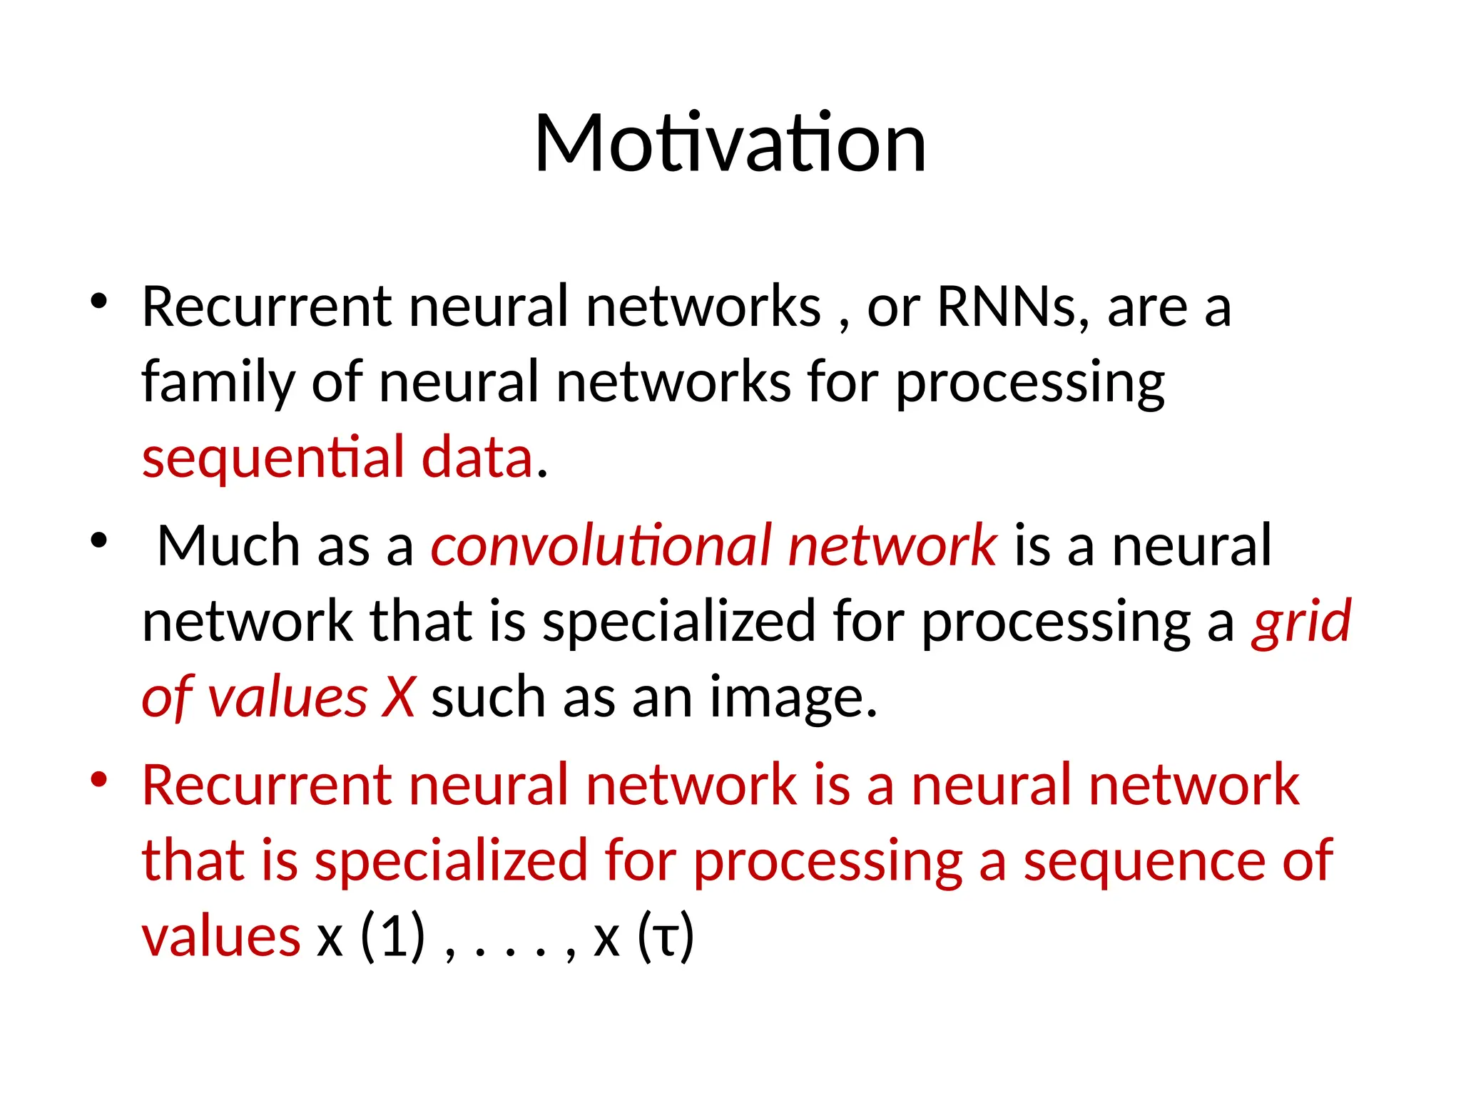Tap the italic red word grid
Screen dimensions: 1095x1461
1301,622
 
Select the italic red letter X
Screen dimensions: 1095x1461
398,697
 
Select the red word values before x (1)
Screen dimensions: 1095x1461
221,937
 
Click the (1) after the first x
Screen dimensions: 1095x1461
393,937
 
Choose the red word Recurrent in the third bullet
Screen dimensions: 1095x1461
266,785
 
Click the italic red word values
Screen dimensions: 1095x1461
287,697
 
